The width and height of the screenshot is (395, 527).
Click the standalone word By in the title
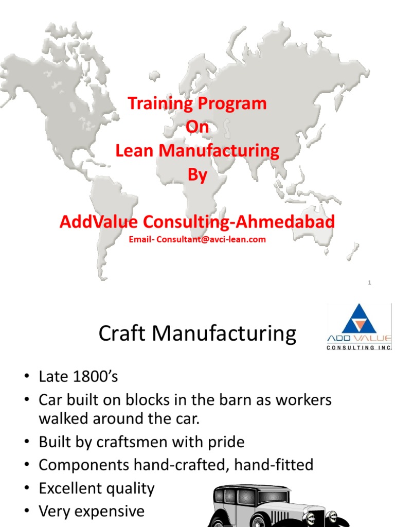click(197, 175)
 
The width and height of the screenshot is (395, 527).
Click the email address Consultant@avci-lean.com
click(211, 239)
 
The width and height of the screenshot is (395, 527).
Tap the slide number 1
click(370, 283)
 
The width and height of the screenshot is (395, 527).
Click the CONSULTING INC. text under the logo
click(360, 348)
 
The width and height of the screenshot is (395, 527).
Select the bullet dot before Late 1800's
click(26, 377)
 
